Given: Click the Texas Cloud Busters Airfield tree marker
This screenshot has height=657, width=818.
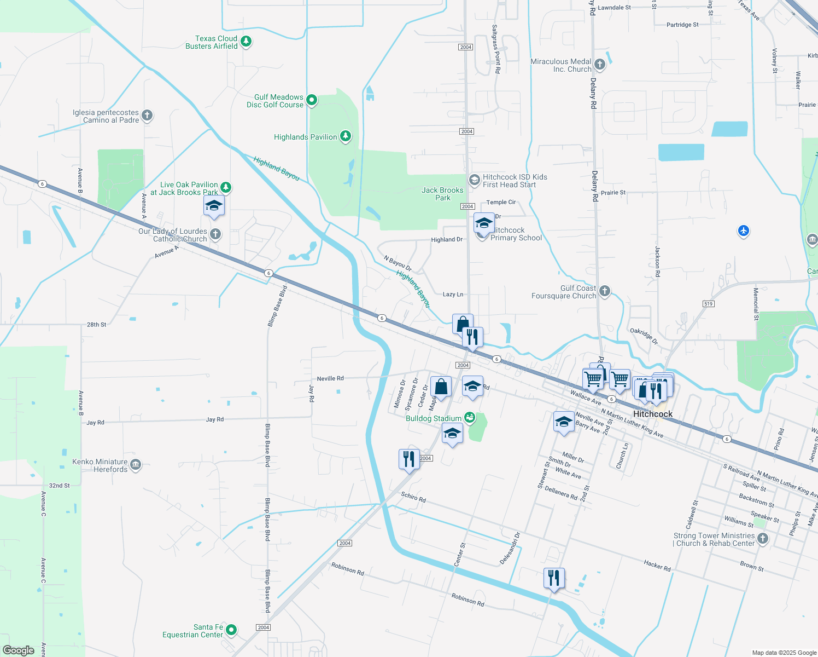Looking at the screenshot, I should pos(246,42).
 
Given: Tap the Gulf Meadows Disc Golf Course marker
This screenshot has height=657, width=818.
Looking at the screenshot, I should pos(312,100).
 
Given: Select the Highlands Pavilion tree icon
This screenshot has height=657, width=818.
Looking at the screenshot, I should pos(346,136).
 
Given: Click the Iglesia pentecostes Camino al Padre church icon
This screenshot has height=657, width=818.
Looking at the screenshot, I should pos(147,116).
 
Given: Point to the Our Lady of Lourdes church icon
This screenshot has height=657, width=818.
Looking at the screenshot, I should pos(215,234).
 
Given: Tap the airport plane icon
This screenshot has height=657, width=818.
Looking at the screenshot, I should pos(743,231).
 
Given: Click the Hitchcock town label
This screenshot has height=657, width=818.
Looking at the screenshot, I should pos(652,414).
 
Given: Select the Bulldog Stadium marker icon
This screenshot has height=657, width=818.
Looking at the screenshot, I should pos(469,418).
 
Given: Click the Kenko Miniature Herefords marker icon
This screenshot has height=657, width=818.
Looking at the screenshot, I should pos(136,465).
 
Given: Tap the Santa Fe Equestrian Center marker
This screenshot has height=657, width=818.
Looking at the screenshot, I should pos(231,630).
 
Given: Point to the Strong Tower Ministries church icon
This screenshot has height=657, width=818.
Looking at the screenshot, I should pos(763,539).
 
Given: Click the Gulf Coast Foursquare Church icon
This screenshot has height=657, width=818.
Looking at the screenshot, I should pos(604,291).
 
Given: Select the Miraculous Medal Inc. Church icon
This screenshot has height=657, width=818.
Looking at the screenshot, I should pos(600,65).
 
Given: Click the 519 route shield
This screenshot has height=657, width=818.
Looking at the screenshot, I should pos(708,304).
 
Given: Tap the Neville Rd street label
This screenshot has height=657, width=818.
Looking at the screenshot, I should pos(330,378).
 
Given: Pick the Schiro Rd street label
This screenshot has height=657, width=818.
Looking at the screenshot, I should pos(413,497).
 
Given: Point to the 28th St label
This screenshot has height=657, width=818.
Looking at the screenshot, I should pos(96,325).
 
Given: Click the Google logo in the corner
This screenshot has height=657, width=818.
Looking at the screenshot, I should pos(19,650).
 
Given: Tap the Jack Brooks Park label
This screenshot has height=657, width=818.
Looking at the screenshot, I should pos(442,194).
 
